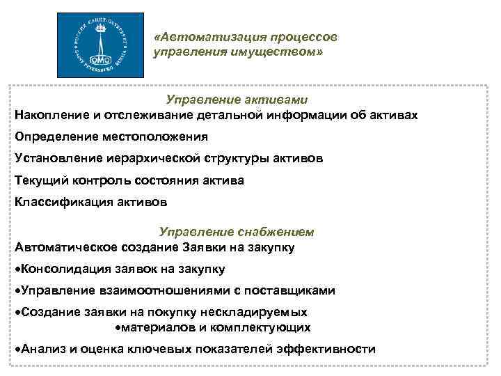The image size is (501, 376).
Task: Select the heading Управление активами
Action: pos(237,100)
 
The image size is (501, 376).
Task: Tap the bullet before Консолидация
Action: pos(17,269)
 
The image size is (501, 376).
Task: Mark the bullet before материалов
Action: pos(118,327)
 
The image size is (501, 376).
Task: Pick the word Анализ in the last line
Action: pos(42,349)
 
